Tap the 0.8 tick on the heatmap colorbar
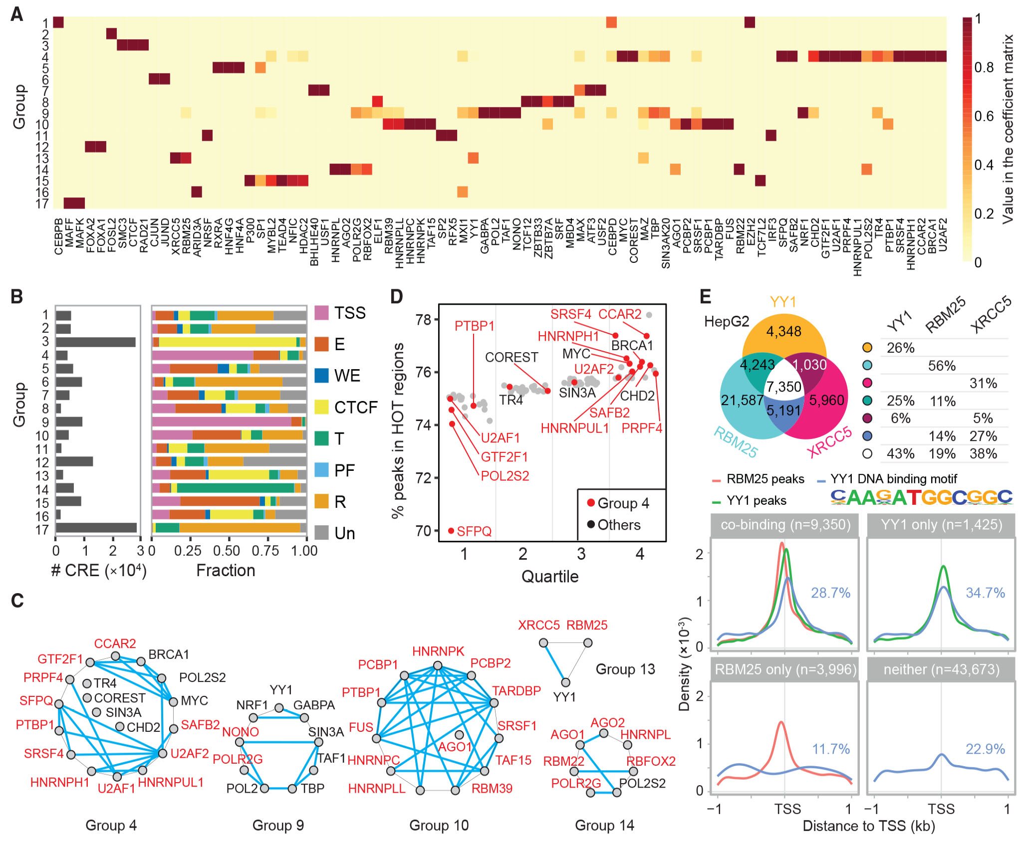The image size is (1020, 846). (x=984, y=67)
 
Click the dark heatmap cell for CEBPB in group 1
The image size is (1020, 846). (x=58, y=22)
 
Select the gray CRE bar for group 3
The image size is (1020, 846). (x=95, y=342)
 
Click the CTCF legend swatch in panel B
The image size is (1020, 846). (x=322, y=407)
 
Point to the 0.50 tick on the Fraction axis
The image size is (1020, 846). (x=227, y=551)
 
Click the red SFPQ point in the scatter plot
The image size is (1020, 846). (x=451, y=531)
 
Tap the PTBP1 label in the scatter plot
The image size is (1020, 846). (x=474, y=326)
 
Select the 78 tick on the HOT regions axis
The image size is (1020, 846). (x=424, y=319)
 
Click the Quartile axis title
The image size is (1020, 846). (x=550, y=576)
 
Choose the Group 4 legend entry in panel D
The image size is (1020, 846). (x=618, y=503)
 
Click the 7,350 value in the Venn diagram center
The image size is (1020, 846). (x=783, y=387)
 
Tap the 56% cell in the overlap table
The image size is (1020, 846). (x=942, y=366)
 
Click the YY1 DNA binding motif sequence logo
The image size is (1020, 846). (x=921, y=497)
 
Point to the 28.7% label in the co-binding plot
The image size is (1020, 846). (x=830, y=593)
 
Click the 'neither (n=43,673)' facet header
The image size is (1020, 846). (x=941, y=669)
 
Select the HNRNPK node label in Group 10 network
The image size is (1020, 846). (x=438, y=651)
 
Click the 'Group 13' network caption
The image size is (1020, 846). (x=625, y=669)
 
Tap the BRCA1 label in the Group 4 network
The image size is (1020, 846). (x=169, y=654)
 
